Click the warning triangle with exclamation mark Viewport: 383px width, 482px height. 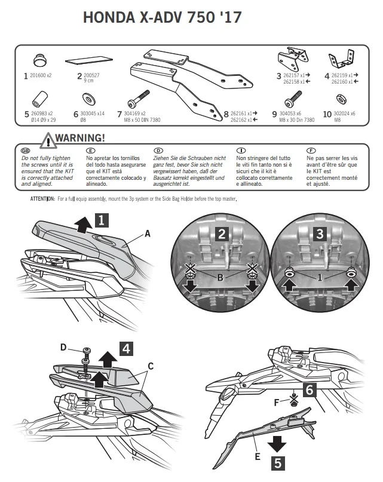48,140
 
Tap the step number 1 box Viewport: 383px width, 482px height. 102,220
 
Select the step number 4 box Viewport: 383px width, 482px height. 127,349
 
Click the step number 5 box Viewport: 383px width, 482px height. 278,463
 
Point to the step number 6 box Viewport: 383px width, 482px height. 310,390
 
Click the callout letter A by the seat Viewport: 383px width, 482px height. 148,234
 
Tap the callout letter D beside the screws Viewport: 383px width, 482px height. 63,347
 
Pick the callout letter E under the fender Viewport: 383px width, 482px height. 258,456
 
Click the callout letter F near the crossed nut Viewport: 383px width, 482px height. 277,402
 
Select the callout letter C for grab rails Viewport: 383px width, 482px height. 151,366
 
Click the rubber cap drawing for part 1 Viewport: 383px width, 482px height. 40,60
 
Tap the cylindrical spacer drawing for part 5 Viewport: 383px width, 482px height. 40,98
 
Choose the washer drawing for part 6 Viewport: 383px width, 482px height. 89,99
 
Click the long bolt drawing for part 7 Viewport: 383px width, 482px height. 139,99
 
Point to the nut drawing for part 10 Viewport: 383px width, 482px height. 341,99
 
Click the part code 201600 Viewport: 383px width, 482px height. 38,75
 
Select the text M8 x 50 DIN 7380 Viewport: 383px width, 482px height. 142,120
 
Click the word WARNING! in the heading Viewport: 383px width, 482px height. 80,138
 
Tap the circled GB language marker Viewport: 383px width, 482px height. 25,151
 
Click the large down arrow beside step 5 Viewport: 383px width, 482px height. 277,444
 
